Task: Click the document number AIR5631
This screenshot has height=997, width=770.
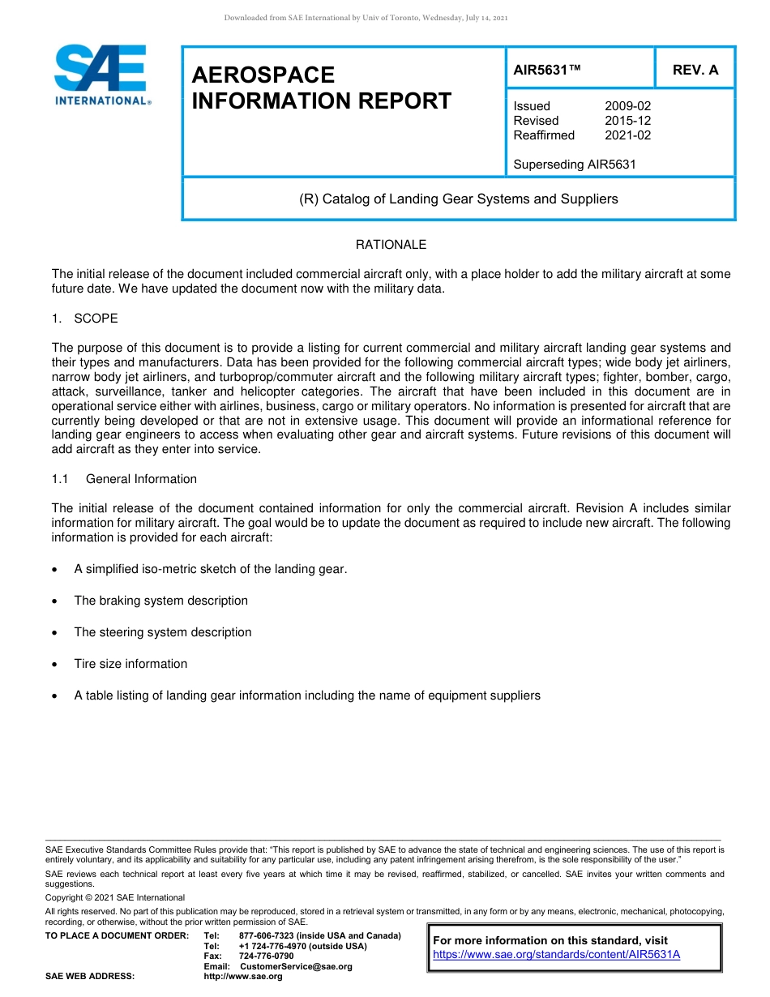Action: [x=547, y=70]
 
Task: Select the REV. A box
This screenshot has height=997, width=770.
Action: [x=695, y=70]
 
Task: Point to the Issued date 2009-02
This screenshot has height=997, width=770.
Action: [x=627, y=106]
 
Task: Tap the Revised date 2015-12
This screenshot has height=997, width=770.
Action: [x=627, y=121]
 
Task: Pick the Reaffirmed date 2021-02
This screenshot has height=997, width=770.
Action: [x=627, y=135]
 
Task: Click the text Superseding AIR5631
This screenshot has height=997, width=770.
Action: [x=574, y=165]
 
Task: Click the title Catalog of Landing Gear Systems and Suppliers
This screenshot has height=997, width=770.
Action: [x=458, y=199]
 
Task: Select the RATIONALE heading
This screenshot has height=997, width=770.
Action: [x=391, y=245]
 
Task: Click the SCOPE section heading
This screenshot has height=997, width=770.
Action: [x=96, y=319]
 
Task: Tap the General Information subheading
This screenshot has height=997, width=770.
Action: [x=140, y=479]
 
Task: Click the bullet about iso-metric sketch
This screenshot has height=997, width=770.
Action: [x=210, y=569]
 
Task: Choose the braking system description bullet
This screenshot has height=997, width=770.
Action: [x=160, y=601]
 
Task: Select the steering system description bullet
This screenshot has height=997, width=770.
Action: [x=162, y=632]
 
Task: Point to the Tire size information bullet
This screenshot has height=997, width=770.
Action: [x=130, y=664]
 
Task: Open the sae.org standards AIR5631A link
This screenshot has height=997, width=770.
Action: [x=556, y=954]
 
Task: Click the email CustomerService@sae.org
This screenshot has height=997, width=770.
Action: [x=296, y=966]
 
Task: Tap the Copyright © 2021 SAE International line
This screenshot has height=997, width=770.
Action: [x=115, y=897]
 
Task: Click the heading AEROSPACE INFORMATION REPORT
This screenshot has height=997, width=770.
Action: [x=321, y=88]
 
